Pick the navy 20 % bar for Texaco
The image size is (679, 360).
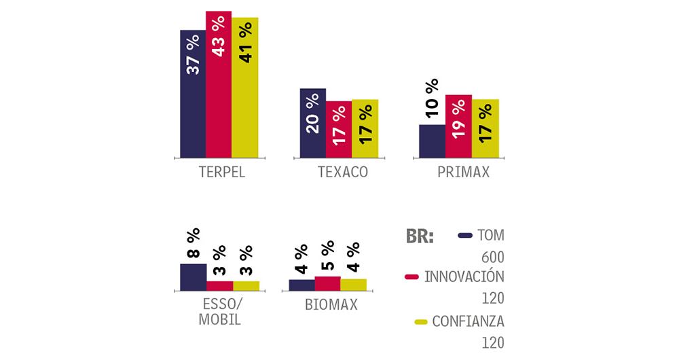coord(313,122)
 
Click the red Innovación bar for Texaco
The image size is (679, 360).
coord(339,128)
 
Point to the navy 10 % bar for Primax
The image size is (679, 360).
coord(433,140)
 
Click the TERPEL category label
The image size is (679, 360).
coord(219,172)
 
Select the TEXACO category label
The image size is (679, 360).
coord(342,172)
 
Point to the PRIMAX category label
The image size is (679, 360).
coord(463,172)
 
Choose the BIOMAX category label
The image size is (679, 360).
coord(331,306)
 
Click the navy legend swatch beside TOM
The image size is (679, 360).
coord(465,236)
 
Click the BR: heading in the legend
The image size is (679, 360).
coord(420,236)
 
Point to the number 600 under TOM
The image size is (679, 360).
coord(492,257)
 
